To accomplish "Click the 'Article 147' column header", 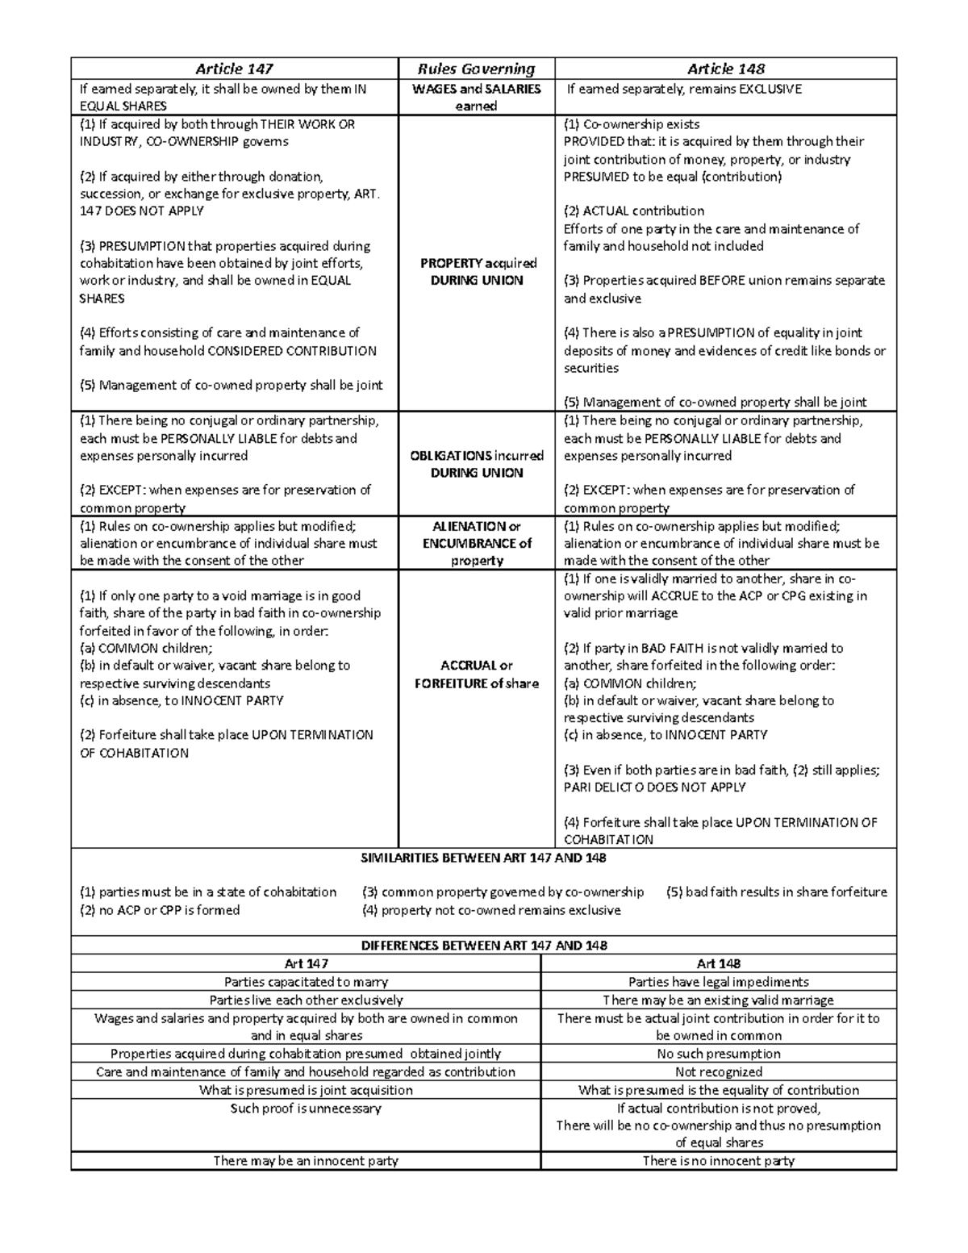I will pyautogui.click(x=235, y=69).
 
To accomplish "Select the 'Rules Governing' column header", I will pyautogui.click(x=476, y=69).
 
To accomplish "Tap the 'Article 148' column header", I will pyautogui.click(x=725, y=69).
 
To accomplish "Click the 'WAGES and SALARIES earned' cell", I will pyautogui.click(x=476, y=97).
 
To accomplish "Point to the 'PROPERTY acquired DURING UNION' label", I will pyautogui.click(x=478, y=272).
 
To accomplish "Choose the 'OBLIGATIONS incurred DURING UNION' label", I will pyautogui.click(x=476, y=464).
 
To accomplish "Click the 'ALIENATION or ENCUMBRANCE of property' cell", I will pyautogui.click(x=477, y=543).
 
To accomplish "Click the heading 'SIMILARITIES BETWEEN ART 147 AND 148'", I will pyautogui.click(x=483, y=858).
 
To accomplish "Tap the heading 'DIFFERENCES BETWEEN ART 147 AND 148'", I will pyautogui.click(x=483, y=945).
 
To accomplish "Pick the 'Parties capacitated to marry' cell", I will pyautogui.click(x=306, y=982).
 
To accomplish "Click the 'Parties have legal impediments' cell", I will pyautogui.click(x=718, y=982).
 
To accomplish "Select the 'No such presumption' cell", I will pyautogui.click(x=718, y=1054).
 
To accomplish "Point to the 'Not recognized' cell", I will pyautogui.click(x=718, y=1072).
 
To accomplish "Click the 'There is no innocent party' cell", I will pyautogui.click(x=718, y=1161).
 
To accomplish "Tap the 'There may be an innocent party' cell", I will pyautogui.click(x=306, y=1161).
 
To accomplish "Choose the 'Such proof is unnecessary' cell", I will pyautogui.click(x=306, y=1109).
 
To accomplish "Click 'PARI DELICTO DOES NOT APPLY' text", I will pyautogui.click(x=654, y=787).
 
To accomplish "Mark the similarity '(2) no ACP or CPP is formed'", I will pyautogui.click(x=160, y=910).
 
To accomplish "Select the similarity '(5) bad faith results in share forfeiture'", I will pyautogui.click(x=776, y=892).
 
